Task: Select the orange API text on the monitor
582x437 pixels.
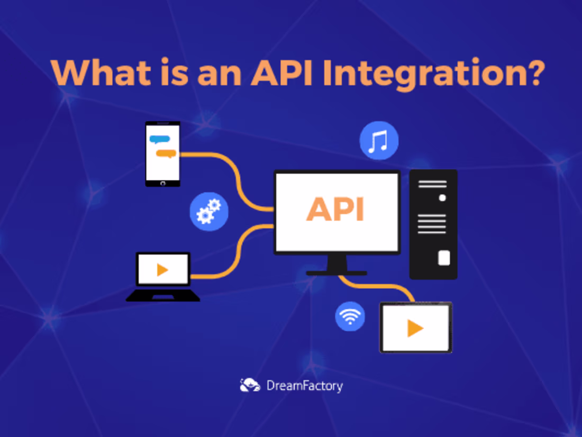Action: (335, 209)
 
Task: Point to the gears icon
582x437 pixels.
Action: (209, 212)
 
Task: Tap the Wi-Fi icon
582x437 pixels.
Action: (350, 316)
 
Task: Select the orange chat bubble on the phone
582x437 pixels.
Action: (167, 154)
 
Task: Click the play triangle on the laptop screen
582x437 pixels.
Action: (162, 270)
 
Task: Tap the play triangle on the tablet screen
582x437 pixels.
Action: (415, 329)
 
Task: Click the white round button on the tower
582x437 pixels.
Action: (442, 198)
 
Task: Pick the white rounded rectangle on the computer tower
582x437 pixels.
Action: (444, 258)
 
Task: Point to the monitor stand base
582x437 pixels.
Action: (337, 273)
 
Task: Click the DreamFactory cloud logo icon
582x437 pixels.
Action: (250, 385)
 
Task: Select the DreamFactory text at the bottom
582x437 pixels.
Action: (304, 386)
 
